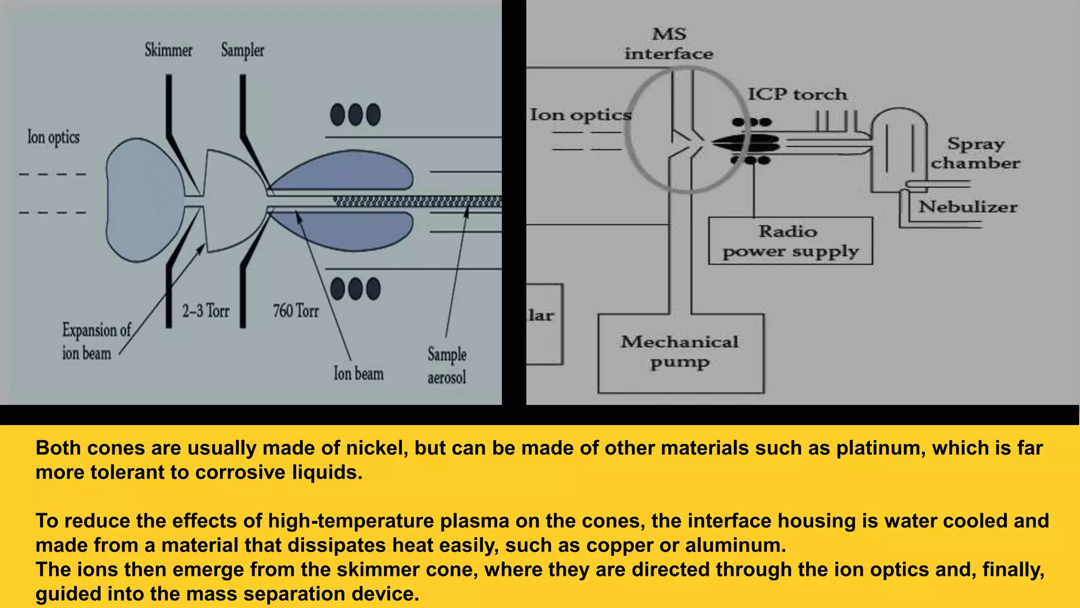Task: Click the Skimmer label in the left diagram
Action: click(x=168, y=51)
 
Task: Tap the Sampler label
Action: click(x=243, y=51)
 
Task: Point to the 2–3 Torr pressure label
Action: click(x=206, y=311)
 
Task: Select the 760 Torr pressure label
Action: click(x=296, y=311)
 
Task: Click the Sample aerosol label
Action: click(x=447, y=365)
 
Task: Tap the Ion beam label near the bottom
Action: click(x=359, y=373)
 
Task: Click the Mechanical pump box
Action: click(x=680, y=353)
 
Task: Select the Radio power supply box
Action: click(x=790, y=241)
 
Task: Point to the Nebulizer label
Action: click(x=968, y=207)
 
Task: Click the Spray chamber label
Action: click(x=975, y=153)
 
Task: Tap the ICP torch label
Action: click(x=797, y=94)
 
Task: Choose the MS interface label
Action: click(x=669, y=44)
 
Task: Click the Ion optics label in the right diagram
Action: click(x=580, y=115)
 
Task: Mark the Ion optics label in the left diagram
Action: click(x=53, y=138)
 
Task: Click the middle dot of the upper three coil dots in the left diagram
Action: click(x=355, y=114)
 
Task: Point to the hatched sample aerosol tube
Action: click(x=417, y=201)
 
